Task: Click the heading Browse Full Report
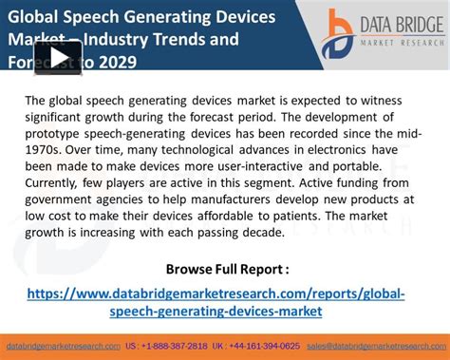pyautogui.click(x=227, y=268)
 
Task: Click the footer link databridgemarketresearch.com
pyautogui.click(x=62, y=347)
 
